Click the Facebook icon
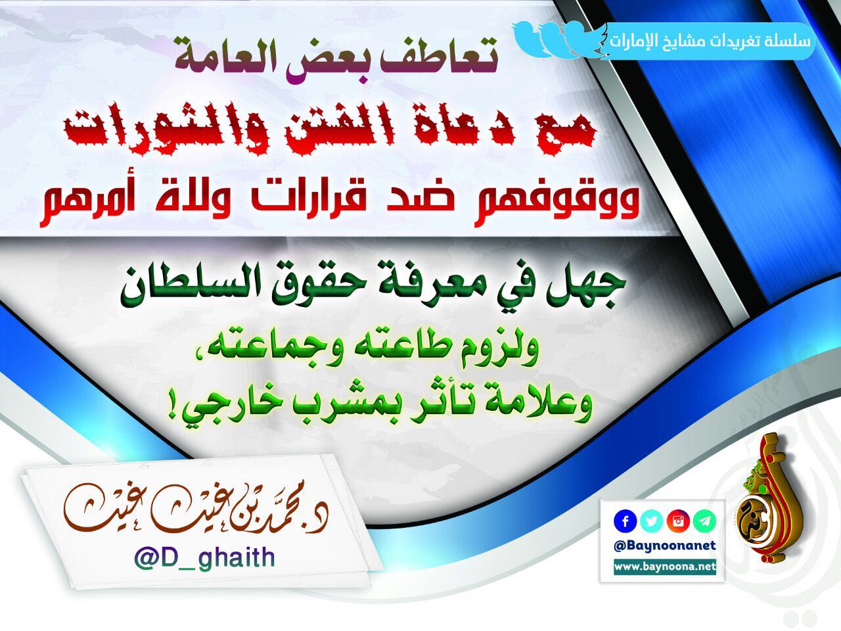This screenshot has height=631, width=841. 625,521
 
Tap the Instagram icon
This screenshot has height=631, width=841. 678,521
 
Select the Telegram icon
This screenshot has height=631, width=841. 704,521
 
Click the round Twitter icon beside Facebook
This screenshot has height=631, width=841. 651,521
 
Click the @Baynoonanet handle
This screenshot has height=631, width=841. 665,546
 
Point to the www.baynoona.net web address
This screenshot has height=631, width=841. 665,567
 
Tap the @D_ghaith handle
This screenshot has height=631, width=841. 204,558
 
